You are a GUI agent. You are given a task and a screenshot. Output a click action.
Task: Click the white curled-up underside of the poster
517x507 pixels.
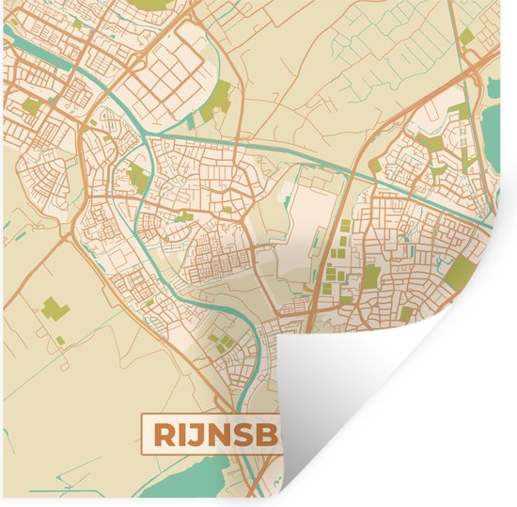coord(376,395)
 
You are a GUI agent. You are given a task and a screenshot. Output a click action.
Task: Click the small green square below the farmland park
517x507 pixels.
coord(60,340)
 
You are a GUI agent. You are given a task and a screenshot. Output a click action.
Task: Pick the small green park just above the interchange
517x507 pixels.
coord(466,38)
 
